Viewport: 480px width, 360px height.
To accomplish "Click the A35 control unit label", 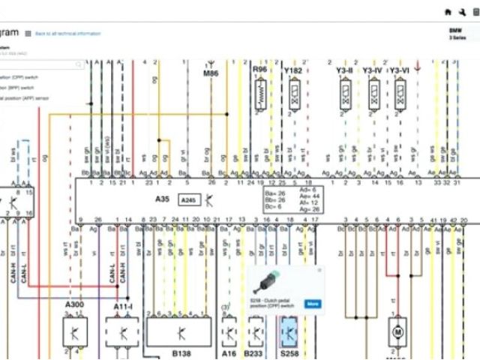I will tap(163, 199).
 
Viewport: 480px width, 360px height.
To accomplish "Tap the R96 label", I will tap(259, 70).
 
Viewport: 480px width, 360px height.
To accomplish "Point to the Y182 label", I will tap(293, 70).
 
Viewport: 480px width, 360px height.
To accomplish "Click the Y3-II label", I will tap(344, 70).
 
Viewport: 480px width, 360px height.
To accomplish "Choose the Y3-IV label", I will tap(372, 70).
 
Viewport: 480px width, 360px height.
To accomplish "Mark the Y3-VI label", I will tap(400, 70).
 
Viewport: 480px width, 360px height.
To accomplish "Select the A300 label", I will tap(74, 305).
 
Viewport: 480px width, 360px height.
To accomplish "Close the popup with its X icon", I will tap(319, 269).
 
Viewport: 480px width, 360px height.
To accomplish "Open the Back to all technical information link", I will tap(67, 34).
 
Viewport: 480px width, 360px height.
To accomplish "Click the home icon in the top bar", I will tap(448, 12).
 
